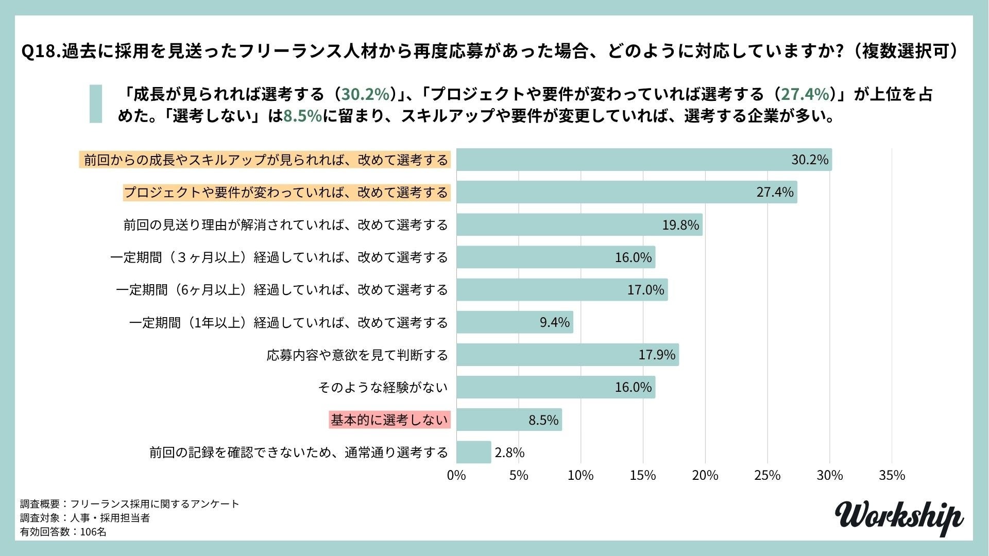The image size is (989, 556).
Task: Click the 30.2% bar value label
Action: click(x=810, y=160)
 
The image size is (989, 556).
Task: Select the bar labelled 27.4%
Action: click(x=626, y=192)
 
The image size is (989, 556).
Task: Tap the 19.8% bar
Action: click(x=579, y=225)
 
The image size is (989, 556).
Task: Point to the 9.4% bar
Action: click(x=514, y=322)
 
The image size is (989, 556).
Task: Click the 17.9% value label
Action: click(x=657, y=355)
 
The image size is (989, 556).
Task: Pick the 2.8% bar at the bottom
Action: click(x=473, y=452)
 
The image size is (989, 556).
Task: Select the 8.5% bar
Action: click(x=508, y=420)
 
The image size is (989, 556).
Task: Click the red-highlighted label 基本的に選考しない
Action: click(x=389, y=420)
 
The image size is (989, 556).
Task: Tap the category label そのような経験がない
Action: click(x=383, y=387)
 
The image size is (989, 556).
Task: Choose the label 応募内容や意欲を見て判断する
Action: click(x=357, y=355)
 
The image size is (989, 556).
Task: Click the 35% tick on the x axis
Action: click(x=892, y=475)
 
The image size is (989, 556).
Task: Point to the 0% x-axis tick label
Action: click(x=456, y=475)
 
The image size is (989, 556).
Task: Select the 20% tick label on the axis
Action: click(x=705, y=475)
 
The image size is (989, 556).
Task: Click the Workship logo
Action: click(x=898, y=517)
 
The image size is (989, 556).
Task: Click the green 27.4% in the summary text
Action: click(x=806, y=94)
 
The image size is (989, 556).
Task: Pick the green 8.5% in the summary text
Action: click(x=302, y=116)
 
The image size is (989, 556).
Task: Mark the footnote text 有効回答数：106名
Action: click(x=63, y=532)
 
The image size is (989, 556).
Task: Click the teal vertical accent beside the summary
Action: click(x=96, y=104)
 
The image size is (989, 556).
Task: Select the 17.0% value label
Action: click(x=645, y=290)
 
